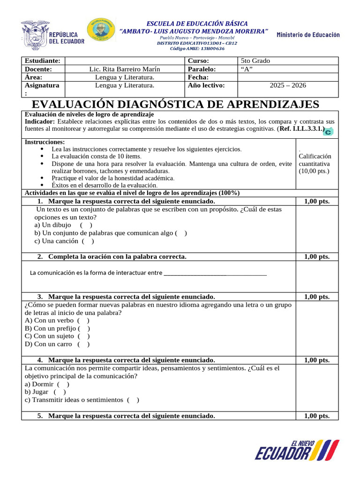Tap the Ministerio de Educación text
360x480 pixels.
(308, 35)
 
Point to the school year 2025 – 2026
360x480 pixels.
(288, 85)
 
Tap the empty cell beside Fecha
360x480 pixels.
(288, 77)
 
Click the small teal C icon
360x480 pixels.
(329, 132)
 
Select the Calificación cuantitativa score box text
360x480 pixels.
(315, 164)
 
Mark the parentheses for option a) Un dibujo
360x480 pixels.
(86, 225)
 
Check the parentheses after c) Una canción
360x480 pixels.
(88, 241)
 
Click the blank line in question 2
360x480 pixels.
(215, 273)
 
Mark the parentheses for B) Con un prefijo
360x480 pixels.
(84, 328)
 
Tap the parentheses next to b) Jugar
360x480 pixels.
(60, 392)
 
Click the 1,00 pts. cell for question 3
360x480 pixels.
(316, 297)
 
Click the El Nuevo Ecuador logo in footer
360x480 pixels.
(296, 450)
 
